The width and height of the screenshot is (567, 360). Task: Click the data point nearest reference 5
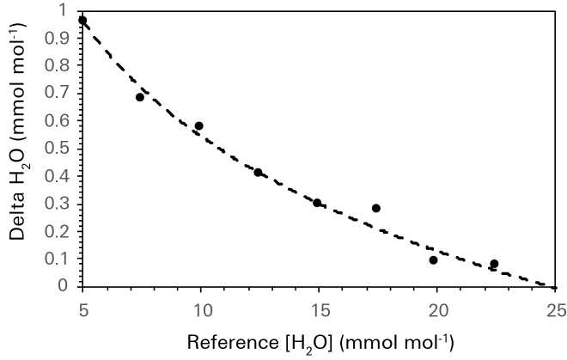tap(82, 20)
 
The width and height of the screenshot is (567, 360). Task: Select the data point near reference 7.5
tap(140, 97)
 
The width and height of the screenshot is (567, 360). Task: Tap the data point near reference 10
tap(198, 125)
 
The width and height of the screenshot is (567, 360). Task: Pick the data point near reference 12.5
tap(258, 173)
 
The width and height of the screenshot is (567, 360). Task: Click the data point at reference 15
tap(317, 203)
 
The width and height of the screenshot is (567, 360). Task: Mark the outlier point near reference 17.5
tap(375, 208)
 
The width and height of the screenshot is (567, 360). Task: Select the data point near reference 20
tap(433, 259)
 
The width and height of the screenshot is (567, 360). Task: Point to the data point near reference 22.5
tap(494, 264)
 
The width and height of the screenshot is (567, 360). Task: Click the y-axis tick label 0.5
tap(59, 149)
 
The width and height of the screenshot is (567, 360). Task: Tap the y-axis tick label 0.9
tap(59, 39)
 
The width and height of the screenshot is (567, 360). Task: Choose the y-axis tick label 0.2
tap(59, 231)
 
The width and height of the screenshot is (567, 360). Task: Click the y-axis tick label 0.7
tap(59, 94)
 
